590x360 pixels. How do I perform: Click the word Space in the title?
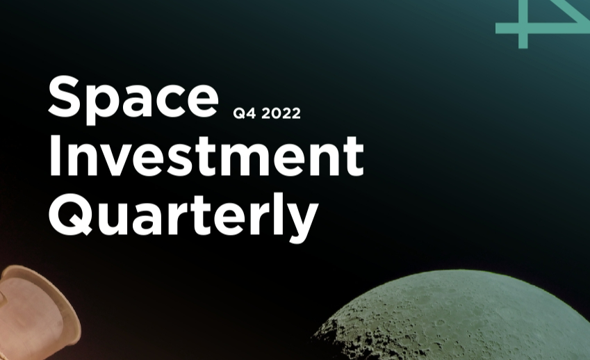pos(133,99)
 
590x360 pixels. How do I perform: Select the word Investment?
pos(206,155)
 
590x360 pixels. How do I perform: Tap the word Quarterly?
pos(183,217)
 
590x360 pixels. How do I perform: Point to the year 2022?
pos(281,113)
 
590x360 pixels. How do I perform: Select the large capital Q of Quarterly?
pos(69,215)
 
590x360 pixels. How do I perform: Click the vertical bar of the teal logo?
pos(523,24)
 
